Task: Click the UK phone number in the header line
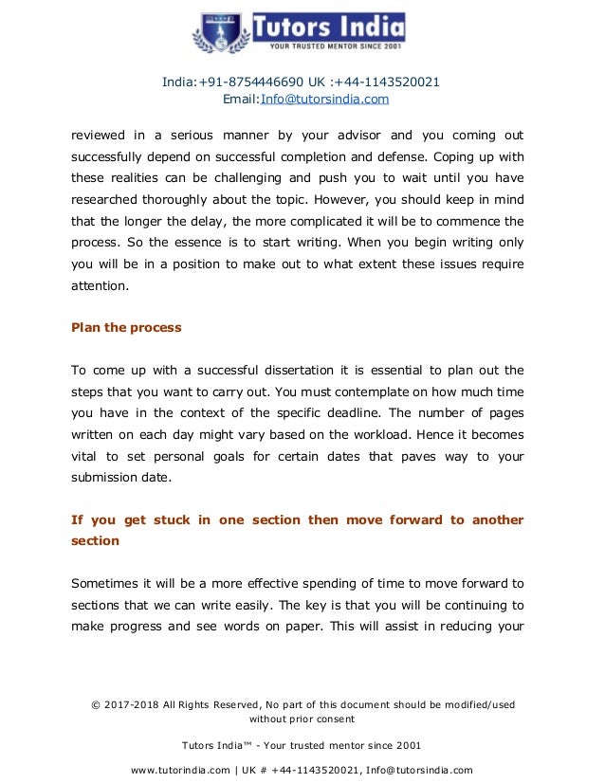[x=394, y=82]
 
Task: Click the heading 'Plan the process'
[x=127, y=328]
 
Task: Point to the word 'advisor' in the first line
[x=349, y=135]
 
